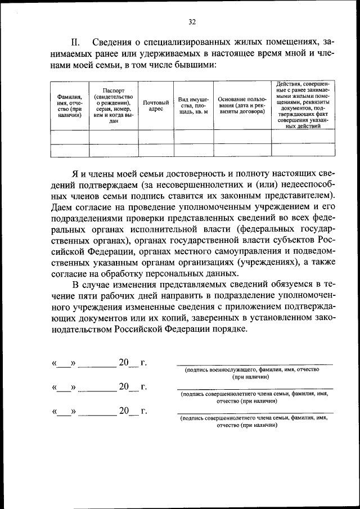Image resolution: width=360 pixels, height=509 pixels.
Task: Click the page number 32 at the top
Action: coord(192,22)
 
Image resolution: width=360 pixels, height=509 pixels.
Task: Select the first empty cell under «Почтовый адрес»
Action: coord(156,137)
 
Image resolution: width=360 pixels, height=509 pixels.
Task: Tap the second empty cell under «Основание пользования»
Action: coord(242,150)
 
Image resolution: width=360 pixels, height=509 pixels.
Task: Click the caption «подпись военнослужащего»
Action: coord(221,370)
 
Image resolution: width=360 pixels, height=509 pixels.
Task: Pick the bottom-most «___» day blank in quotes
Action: coord(65,412)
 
